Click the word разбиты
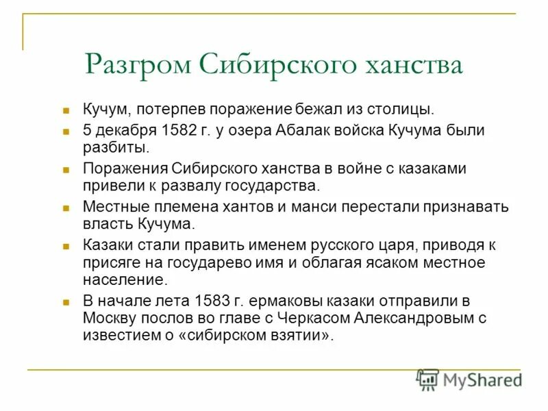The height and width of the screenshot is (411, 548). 114,147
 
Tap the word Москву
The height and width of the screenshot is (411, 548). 106,318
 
